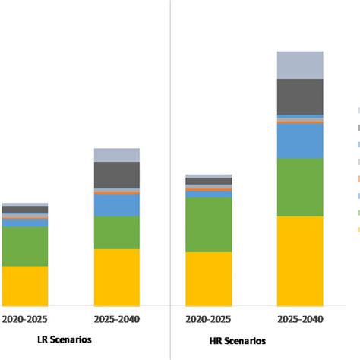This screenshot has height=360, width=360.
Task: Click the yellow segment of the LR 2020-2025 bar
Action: click(25, 286)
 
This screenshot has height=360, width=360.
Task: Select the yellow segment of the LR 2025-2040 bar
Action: click(116, 277)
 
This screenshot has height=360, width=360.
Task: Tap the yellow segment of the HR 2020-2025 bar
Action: click(209, 279)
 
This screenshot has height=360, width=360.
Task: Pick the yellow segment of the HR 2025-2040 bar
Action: click(300, 261)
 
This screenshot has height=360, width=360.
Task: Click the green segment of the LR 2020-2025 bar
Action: click(25, 246)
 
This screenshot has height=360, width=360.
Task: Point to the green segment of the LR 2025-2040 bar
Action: click(116, 232)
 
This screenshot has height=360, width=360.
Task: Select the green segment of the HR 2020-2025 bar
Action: click(209, 225)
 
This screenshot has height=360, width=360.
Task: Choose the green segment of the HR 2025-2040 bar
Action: click(300, 187)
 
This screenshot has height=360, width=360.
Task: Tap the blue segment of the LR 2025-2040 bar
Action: click(116, 205)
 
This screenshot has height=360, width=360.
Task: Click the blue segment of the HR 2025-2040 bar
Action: click(300, 141)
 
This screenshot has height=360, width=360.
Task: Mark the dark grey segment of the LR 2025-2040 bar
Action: click(116, 175)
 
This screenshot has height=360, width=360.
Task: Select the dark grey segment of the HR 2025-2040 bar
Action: click(300, 96)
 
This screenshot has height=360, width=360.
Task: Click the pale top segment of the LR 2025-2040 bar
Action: click(116, 155)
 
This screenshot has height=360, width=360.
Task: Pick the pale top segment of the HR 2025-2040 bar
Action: click(300, 65)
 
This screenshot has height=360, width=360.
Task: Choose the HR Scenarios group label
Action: click(238, 340)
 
